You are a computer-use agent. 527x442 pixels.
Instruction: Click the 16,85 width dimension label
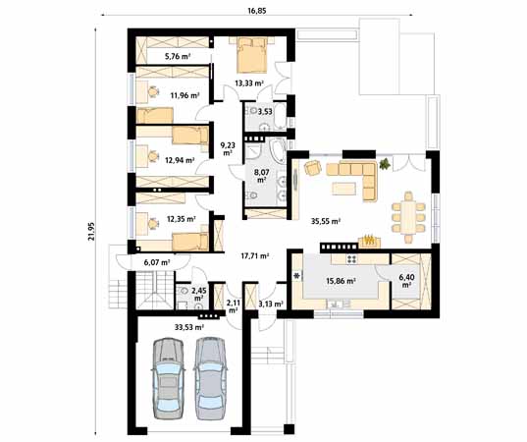(x=257, y=10)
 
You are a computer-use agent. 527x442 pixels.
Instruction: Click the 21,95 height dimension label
(x=91, y=231)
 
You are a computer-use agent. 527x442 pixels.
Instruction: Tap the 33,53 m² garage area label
(x=189, y=327)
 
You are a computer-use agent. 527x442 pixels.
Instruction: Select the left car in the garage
(x=168, y=378)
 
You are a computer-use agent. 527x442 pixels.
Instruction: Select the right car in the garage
(x=210, y=378)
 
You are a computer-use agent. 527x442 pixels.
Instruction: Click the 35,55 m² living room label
(x=326, y=221)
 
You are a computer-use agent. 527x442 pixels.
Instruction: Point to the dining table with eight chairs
(x=408, y=217)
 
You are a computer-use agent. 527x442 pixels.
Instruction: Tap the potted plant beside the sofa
(x=384, y=164)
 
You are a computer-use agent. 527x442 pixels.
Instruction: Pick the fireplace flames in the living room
(x=369, y=241)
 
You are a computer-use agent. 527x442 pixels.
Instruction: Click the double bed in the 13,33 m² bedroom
(x=252, y=55)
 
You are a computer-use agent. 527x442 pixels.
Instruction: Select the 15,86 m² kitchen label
(x=342, y=281)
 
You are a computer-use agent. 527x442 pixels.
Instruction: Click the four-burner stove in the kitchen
(x=351, y=258)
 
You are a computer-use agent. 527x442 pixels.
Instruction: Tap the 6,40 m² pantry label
(x=406, y=281)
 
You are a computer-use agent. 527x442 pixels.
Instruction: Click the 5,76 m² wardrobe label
(x=178, y=56)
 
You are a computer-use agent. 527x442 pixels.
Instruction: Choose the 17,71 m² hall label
(x=255, y=256)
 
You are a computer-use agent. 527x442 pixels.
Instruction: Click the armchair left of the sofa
(x=313, y=168)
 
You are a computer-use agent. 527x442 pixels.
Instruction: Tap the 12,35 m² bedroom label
(x=182, y=219)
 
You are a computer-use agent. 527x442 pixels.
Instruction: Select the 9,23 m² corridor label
(x=228, y=149)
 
